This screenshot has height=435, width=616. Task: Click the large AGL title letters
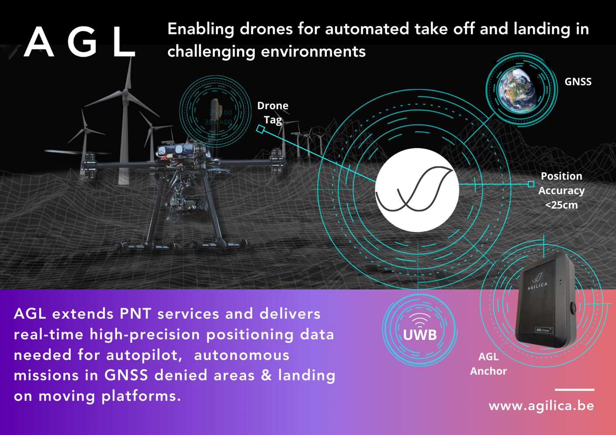(80, 42)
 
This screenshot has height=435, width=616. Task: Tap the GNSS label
(578, 82)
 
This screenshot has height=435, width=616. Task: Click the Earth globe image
(517, 89)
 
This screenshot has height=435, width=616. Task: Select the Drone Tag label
(273, 113)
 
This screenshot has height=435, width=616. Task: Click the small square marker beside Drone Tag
(260, 129)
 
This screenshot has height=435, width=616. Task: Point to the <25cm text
(561, 205)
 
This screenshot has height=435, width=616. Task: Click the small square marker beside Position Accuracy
(531, 184)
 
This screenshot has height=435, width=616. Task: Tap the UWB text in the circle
(420, 335)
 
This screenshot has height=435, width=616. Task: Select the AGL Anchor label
(488, 364)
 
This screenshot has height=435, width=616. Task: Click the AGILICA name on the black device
(537, 286)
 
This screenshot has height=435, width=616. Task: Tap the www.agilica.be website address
(541, 406)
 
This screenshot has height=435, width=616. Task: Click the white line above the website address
(574, 390)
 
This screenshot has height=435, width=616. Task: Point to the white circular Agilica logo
(417, 190)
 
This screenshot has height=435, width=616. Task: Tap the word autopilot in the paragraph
(144, 355)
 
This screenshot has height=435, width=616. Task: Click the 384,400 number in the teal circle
(218, 122)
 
